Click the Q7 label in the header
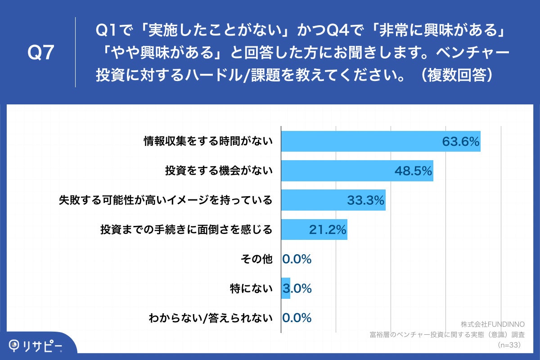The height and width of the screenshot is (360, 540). [41, 53]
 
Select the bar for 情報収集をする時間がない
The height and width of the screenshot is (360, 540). [380, 142]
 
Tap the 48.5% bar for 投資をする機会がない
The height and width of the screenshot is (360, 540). [357, 171]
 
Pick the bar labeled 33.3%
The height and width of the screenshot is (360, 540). [333, 200]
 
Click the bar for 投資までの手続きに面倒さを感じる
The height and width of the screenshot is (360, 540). [314, 229]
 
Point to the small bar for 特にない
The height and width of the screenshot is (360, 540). [286, 288]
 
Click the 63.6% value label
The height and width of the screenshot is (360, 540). [460, 142]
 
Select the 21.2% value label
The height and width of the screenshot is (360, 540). [328, 230]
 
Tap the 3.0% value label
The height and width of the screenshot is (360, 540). [297, 288]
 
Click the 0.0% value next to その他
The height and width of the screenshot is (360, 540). [297, 259]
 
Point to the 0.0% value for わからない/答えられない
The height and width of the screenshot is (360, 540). [297, 318]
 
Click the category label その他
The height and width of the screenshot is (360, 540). [257, 259]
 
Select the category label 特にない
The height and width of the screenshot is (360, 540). [251, 288]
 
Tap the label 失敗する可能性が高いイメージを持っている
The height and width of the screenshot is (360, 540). [166, 200]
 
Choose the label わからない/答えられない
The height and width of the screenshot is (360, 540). [211, 318]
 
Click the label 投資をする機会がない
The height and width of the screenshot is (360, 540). [219, 171]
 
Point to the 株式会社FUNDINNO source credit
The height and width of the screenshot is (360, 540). [490, 324]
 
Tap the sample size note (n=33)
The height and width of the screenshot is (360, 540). [508, 345]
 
